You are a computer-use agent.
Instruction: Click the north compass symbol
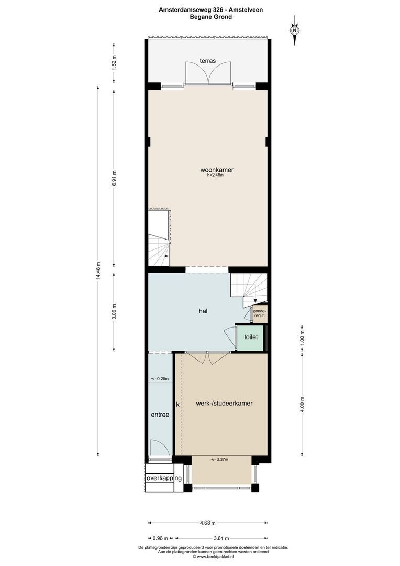pyautogui.click(x=295, y=30)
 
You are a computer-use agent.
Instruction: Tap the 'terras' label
pyautogui.click(x=208, y=61)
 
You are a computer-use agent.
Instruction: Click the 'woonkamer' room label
pyautogui.click(x=216, y=170)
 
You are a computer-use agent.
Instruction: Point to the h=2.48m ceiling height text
pyautogui.click(x=215, y=176)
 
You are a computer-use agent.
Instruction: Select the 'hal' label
pyautogui.click(x=203, y=311)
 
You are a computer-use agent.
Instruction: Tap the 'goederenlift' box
pyautogui.click(x=259, y=313)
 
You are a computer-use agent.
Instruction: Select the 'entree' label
pyautogui.click(x=160, y=415)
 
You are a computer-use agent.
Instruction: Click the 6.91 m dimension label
pyautogui.click(x=114, y=179)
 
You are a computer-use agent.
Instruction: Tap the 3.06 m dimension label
pyautogui.click(x=114, y=311)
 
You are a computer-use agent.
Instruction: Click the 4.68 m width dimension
pyautogui.click(x=207, y=523)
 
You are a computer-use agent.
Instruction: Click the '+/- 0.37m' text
pyautogui.click(x=220, y=460)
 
